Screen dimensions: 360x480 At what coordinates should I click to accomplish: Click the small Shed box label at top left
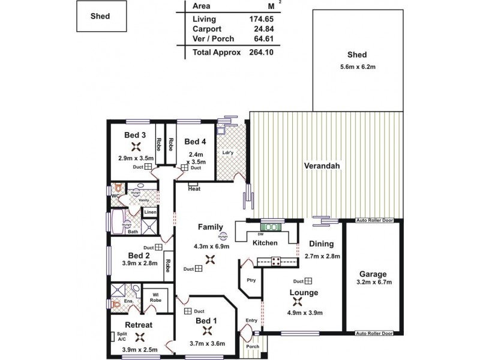101,16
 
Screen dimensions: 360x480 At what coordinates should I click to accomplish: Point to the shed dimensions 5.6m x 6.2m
357,66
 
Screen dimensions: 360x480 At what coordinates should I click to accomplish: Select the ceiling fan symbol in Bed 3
136,146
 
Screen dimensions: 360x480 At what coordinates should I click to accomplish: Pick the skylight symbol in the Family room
224,236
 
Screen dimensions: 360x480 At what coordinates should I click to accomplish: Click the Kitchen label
265,243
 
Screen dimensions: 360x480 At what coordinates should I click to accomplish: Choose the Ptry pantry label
251,280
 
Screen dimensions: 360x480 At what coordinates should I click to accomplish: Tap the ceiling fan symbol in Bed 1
208,331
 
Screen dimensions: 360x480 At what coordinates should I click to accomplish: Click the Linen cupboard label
150,212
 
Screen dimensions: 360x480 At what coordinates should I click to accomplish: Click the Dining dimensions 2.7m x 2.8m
323,256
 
